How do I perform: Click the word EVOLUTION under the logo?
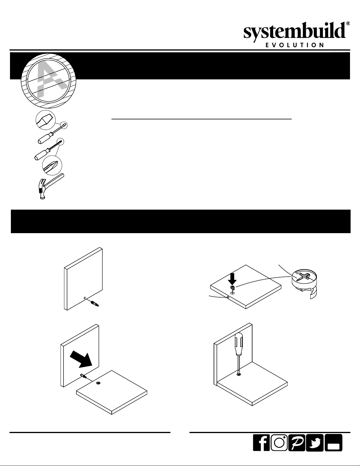point(295,45)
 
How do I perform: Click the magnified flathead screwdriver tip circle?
point(46,120)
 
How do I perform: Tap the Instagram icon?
point(279,443)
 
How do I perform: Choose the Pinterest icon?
point(297,443)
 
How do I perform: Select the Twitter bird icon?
point(314,443)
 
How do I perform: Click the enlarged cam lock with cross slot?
point(304,281)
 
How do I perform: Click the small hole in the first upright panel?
point(85,298)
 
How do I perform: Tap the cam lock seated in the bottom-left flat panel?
point(98,383)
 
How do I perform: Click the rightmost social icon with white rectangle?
point(334,443)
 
